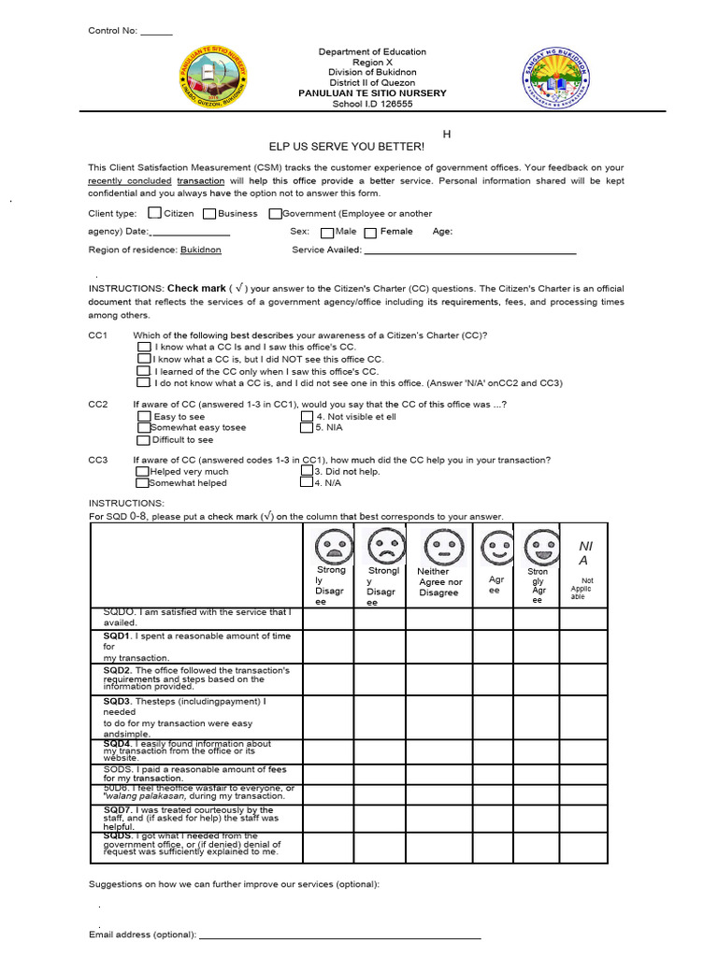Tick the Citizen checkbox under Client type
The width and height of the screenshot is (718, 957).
[x=154, y=213]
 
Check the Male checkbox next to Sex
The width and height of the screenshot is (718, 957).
[x=326, y=232]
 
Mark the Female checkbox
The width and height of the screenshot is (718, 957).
[x=370, y=232]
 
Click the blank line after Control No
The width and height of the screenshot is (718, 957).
[x=156, y=31]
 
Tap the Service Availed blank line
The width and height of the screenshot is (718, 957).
[x=469, y=251]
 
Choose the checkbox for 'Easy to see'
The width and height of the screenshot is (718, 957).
[x=143, y=416]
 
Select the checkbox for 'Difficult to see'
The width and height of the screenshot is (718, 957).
[x=143, y=439]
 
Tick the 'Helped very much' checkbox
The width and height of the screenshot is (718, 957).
[x=142, y=472]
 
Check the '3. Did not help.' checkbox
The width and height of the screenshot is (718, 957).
[x=306, y=472]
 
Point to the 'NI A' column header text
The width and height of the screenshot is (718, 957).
[x=585, y=552]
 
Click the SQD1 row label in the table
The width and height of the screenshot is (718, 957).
[x=118, y=636]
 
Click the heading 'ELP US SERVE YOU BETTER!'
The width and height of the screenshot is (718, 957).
[x=346, y=147]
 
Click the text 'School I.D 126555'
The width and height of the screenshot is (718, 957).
[x=372, y=104]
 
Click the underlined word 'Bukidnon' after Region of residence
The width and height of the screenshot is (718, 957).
[x=200, y=250]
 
